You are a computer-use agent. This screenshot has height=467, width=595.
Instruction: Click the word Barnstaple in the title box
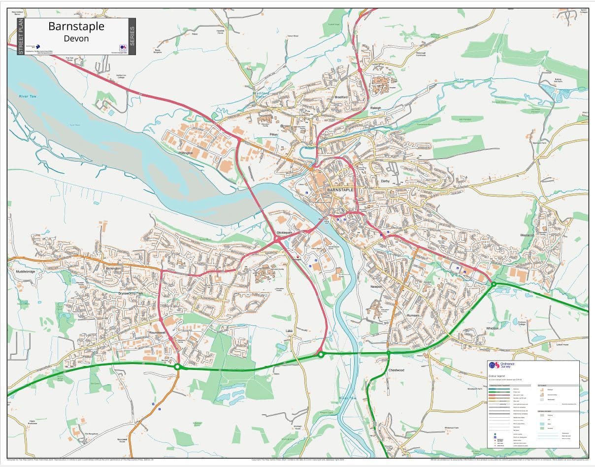pyautogui.click(x=76, y=26)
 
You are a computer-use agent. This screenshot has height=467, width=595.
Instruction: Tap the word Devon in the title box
pyautogui.click(x=76, y=38)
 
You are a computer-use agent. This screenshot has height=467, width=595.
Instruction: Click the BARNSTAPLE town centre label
pyautogui.click(x=340, y=190)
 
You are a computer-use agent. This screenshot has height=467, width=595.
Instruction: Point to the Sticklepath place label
pyautogui.click(x=285, y=233)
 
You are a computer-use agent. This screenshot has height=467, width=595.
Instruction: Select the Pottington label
pyautogui.click(x=186, y=153)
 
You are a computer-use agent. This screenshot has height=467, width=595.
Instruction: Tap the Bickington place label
pyautogui.click(x=113, y=268)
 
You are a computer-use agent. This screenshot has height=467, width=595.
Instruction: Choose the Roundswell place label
pyautogui.click(x=158, y=333)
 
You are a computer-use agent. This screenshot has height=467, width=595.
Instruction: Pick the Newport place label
pyautogui.click(x=376, y=286)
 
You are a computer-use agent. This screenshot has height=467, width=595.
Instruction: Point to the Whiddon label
pyautogui.click(x=492, y=328)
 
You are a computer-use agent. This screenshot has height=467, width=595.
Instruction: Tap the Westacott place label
pyautogui.click(x=528, y=235)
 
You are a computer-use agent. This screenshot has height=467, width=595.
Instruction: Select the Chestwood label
pyautogui.click(x=396, y=370)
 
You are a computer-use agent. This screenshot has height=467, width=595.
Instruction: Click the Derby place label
pyautogui.click(x=385, y=181)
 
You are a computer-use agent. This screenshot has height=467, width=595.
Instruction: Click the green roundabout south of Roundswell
pyautogui.click(x=177, y=367)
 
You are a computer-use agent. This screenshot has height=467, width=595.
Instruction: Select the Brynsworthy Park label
pyautogui.click(x=131, y=294)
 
